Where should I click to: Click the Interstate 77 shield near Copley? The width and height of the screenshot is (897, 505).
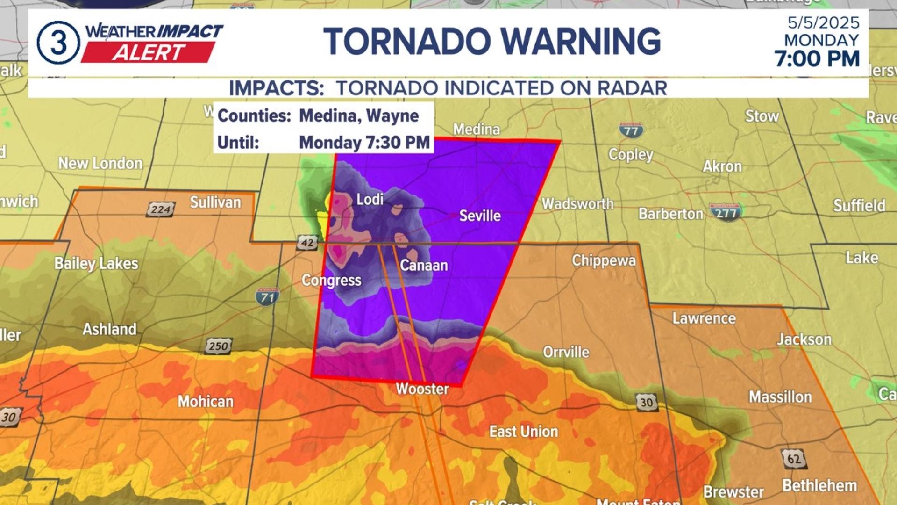pos(631,130)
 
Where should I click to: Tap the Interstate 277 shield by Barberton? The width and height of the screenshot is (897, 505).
pos(726,212)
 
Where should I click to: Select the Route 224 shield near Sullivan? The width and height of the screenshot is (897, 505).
pos(160,209)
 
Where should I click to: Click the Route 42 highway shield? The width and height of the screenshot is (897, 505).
pos(307,243)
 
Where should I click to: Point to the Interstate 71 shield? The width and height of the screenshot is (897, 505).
pos(267,297)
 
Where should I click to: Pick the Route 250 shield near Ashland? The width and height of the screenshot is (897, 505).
pos(218,346)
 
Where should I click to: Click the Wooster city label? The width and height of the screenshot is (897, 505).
pos(422,389)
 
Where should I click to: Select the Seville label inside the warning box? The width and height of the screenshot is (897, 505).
pos(480,216)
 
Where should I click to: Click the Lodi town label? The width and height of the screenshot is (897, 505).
pos(370,199)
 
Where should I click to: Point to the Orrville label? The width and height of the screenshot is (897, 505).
pos(566,352)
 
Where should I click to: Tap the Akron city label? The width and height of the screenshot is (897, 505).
pos(722,166)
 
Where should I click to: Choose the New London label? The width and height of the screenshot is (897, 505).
pos(100,163)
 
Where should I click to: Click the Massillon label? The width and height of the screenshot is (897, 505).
pos(780,397)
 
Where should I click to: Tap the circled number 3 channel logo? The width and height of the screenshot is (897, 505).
pos(58,43)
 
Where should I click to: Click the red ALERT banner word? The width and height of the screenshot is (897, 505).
pos(149,52)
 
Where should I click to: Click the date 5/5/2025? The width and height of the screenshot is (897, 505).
pos(823,22)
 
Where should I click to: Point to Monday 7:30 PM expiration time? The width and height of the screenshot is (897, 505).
pos(364,143)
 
